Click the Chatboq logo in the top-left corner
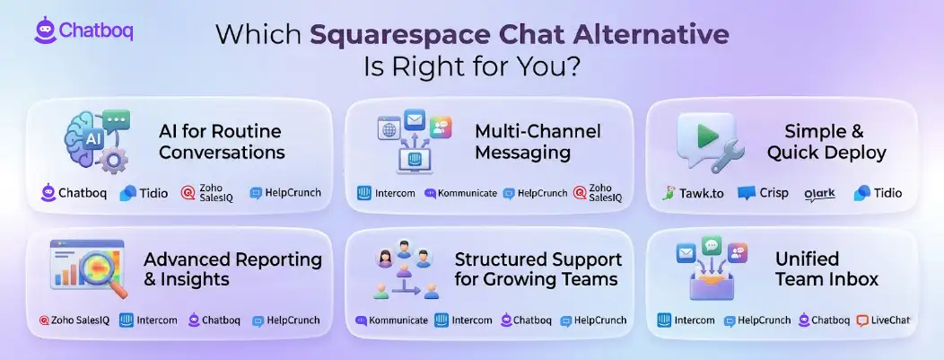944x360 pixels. [83, 31]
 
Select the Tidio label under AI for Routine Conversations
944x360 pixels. [144, 193]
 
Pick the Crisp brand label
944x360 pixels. [763, 193]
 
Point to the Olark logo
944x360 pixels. [819, 194]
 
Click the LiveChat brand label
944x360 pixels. [883, 320]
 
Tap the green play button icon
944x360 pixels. [707, 136]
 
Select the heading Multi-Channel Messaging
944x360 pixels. [538, 142]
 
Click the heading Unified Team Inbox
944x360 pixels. [826, 268]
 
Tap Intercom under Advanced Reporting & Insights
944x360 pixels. [148, 320]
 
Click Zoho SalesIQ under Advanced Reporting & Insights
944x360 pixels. [74, 320]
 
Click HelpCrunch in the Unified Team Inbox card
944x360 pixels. [757, 320]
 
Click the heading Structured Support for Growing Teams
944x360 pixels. [538, 269]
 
